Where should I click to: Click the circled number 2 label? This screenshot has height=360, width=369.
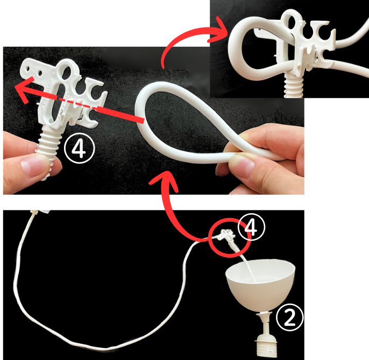(x=290, y=318)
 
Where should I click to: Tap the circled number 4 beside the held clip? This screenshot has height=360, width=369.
(x=79, y=149)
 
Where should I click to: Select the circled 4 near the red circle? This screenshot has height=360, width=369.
(x=252, y=227)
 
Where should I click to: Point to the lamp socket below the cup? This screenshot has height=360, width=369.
(x=266, y=334)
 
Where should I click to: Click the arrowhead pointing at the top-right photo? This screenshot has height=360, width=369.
(x=218, y=30)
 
